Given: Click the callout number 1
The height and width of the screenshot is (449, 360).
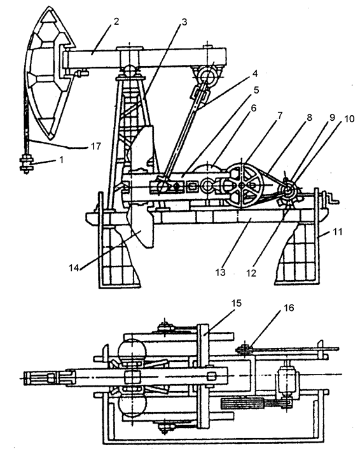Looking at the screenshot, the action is click(x=61, y=159).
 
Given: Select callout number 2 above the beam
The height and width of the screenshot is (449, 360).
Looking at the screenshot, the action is click(x=116, y=22).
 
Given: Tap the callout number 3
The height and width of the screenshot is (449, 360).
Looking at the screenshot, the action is click(x=184, y=22).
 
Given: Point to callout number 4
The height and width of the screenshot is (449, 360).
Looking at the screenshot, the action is click(x=254, y=74).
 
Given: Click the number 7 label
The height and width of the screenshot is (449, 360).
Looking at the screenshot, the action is click(x=279, y=115).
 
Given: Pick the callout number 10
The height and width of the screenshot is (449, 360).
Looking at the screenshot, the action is click(x=349, y=118).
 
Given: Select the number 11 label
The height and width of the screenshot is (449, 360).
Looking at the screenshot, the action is click(x=338, y=231).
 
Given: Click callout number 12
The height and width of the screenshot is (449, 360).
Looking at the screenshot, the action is click(x=251, y=273).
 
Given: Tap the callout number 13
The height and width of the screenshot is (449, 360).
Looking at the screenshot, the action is click(x=220, y=272).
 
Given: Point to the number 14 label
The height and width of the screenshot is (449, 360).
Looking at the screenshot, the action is click(x=74, y=268).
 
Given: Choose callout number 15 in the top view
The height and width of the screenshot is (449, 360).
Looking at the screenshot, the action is click(x=237, y=303).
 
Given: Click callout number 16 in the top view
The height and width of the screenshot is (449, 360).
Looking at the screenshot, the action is click(x=289, y=308).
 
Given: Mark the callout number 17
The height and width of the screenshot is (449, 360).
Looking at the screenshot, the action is click(x=96, y=146).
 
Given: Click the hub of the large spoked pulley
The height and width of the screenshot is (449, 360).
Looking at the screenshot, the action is click(x=242, y=186).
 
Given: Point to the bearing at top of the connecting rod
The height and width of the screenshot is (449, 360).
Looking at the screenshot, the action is click(x=207, y=75).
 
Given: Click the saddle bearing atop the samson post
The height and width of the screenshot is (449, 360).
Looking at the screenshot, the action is click(x=130, y=71).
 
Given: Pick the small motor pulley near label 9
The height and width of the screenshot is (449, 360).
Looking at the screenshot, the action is click(x=287, y=190).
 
